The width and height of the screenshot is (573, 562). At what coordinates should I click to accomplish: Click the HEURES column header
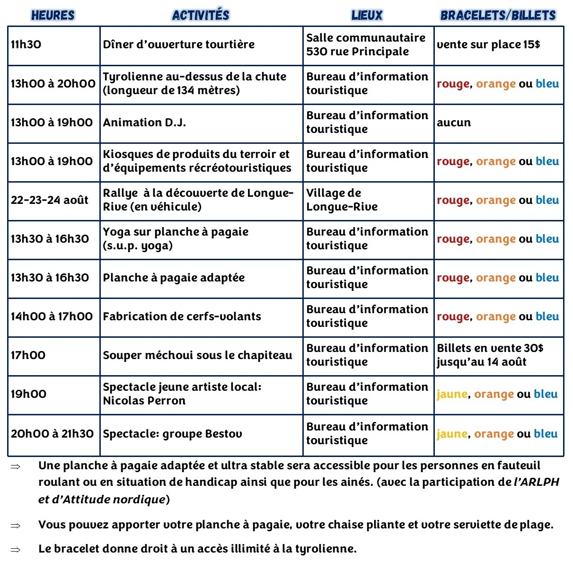point(53,15)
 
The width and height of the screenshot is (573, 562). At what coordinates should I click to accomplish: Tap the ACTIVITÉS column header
point(201,15)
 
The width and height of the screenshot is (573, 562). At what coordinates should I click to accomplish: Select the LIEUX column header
point(367,15)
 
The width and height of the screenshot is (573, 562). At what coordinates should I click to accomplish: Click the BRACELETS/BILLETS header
point(498,15)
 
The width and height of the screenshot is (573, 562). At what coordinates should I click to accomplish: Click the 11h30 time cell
point(26,45)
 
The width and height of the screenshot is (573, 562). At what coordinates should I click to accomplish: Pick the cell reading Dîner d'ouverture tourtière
point(179,45)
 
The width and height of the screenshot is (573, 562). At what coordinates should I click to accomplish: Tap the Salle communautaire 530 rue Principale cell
point(366,45)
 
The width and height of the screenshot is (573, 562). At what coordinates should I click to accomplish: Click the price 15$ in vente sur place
point(532,45)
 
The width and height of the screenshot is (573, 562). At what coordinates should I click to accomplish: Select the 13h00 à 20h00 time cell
point(53,84)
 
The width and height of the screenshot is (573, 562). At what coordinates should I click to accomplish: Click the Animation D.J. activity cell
point(144,123)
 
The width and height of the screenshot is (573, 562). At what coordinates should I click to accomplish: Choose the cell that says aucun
point(454,123)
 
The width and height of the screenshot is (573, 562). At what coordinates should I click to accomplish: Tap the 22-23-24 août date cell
point(50,200)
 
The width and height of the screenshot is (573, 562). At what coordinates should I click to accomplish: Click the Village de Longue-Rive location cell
point(342,200)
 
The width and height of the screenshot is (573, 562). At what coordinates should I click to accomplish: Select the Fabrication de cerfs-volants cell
point(182,316)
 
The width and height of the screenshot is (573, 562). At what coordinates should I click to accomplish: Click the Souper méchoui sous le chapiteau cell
point(197,355)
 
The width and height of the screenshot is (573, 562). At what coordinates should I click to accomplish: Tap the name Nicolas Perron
point(144,401)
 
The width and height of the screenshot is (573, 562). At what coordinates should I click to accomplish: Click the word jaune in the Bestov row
point(452,434)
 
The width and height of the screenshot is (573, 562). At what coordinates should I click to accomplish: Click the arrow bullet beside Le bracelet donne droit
point(16,550)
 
